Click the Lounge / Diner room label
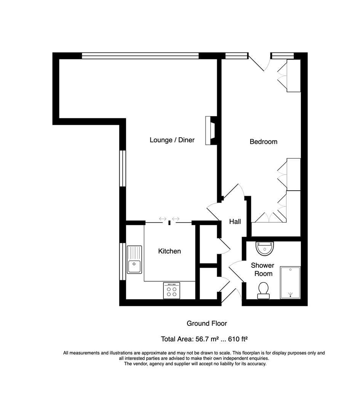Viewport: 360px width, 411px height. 172,140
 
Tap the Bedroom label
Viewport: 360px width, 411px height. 263,142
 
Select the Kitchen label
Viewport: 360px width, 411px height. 170,251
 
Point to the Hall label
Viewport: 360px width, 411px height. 235,221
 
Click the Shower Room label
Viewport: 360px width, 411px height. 262,269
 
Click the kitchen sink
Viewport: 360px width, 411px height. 134,260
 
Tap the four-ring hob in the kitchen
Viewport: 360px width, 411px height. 171,291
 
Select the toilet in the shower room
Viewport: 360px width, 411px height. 263,290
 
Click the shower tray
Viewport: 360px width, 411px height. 290,282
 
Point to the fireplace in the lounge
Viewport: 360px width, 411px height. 211,131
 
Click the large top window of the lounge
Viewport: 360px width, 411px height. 140,56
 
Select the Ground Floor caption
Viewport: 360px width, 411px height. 206,323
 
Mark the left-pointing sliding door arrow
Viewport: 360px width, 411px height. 163,219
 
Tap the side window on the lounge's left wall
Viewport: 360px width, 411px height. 122,168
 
